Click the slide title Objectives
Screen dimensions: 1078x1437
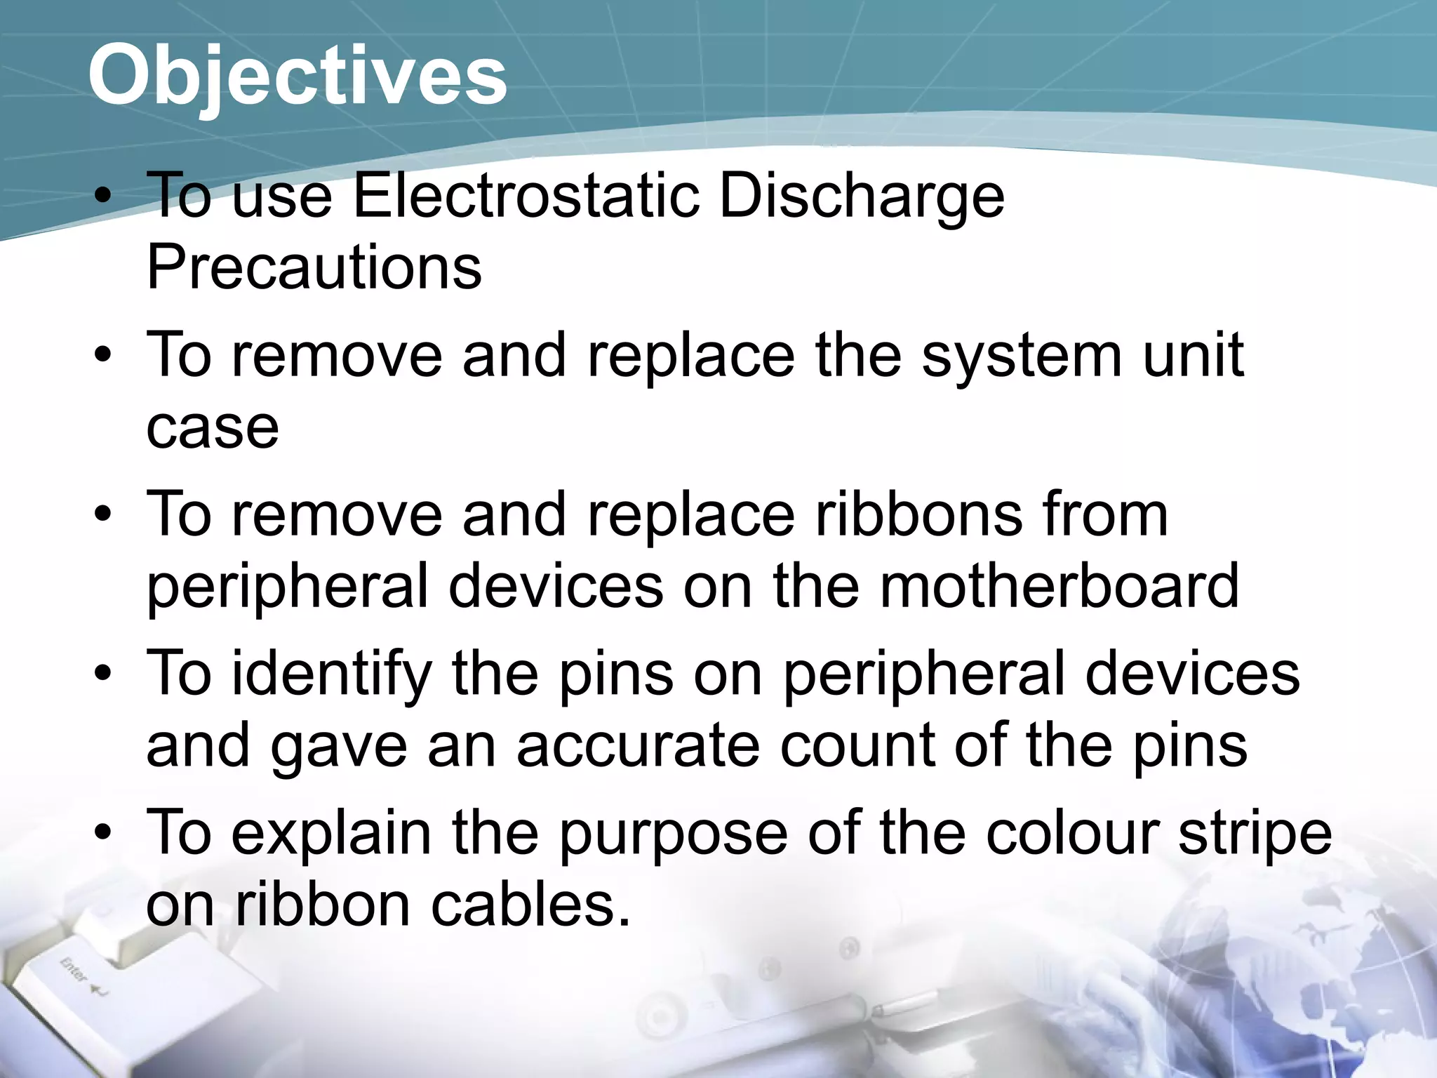click(298, 74)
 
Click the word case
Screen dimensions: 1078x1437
click(212, 427)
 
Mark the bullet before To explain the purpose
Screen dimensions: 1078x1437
click(103, 834)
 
